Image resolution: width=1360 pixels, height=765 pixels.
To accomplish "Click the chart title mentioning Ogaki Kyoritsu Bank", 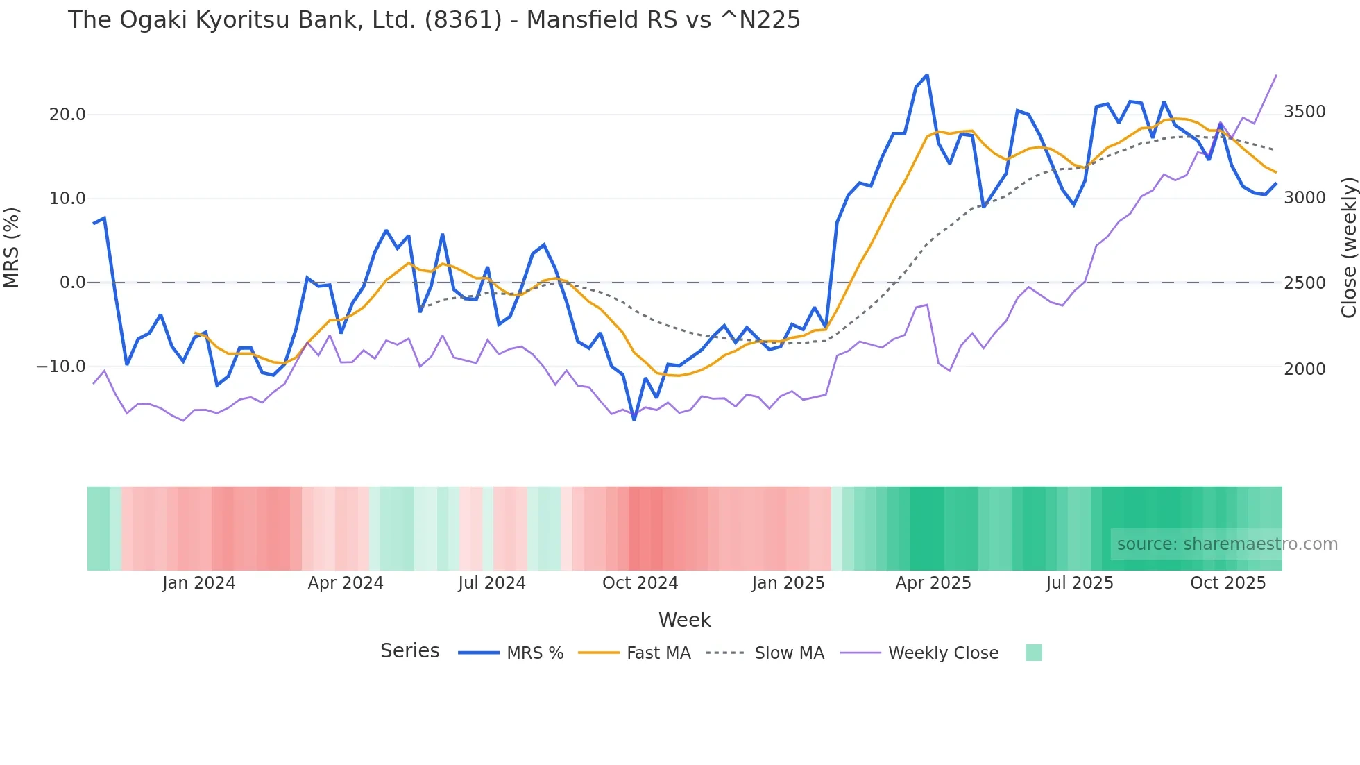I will coord(434,20).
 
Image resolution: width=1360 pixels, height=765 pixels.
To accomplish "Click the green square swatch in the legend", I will coord(1033,653).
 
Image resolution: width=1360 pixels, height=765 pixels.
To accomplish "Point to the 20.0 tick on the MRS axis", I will coord(67,115).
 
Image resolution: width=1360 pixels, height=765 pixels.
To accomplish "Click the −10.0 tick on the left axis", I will coord(61,367).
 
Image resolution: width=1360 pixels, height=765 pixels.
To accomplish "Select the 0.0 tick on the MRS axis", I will coord(73,283).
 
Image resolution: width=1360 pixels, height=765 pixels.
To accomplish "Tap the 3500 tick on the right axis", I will coord(1304,112).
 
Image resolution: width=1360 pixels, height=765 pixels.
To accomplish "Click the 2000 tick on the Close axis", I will coord(1304,369).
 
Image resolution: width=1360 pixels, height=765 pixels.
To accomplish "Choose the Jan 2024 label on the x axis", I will coord(199,583).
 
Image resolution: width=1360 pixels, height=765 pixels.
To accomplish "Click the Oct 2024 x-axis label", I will coord(640,583).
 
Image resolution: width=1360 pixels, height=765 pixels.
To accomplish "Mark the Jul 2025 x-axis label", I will coord(1080,583).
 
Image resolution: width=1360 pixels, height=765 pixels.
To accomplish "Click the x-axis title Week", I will coord(684,620).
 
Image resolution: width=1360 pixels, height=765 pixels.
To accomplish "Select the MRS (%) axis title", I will coord(12,247).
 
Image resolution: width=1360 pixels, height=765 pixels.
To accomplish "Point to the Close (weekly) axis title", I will coord(1348,247).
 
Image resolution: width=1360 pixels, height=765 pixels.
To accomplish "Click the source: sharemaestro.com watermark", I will coord(1227,544).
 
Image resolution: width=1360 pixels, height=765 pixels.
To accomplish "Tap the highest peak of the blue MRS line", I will coord(927,75).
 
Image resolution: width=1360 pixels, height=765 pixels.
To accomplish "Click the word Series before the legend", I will coord(409,651).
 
